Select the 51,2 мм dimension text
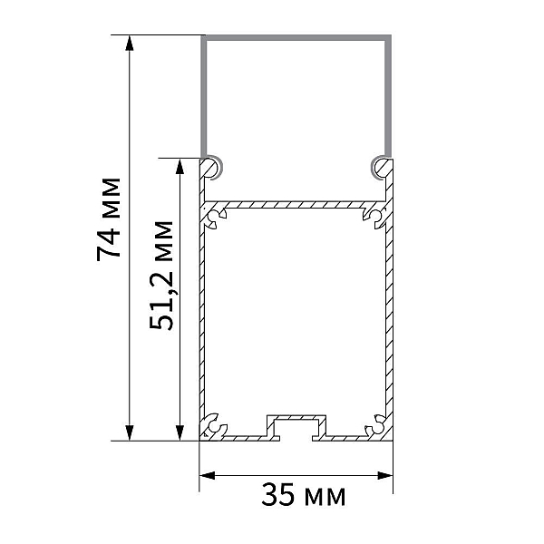(x=161, y=275)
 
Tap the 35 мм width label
(x=303, y=495)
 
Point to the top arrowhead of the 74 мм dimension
(x=130, y=43)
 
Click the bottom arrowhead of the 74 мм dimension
(x=130, y=432)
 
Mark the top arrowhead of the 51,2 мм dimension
(x=180, y=166)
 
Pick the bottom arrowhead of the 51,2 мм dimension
(x=180, y=432)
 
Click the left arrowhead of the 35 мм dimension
(x=207, y=475)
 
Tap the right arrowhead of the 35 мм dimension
(x=385, y=475)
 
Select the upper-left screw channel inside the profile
(x=215, y=219)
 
